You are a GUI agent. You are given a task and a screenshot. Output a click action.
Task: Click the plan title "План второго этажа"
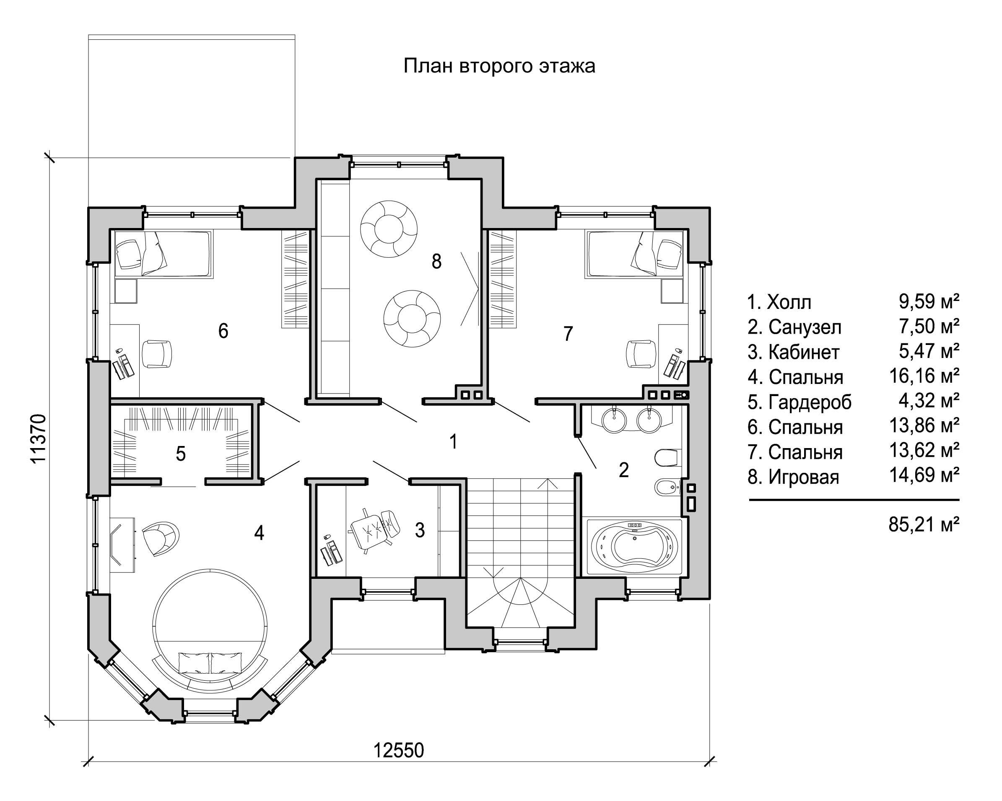(499, 66)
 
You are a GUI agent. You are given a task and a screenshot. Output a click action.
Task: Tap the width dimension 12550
(399, 750)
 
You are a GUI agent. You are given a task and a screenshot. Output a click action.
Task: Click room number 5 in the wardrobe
(181, 454)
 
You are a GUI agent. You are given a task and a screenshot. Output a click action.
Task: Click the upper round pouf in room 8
(389, 228)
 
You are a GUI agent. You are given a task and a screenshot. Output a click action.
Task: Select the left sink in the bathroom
(614, 420)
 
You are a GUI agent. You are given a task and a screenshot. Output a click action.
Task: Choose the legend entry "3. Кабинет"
(793, 352)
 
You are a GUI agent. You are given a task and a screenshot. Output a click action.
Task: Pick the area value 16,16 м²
(924, 376)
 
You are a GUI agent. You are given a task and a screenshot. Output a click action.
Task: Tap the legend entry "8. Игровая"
(793, 477)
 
